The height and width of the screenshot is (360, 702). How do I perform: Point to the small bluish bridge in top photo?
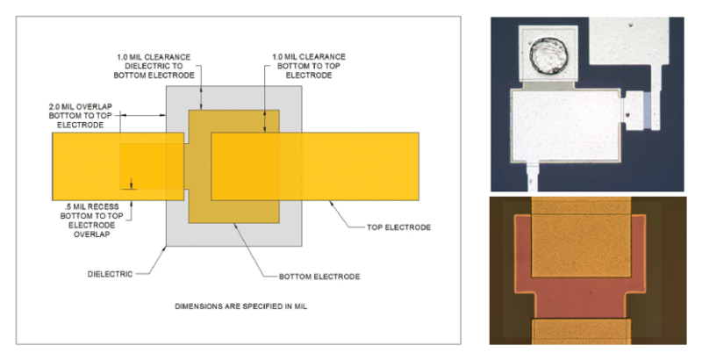coord(646,109)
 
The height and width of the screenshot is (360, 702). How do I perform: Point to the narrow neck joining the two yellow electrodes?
coord(197,167)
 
